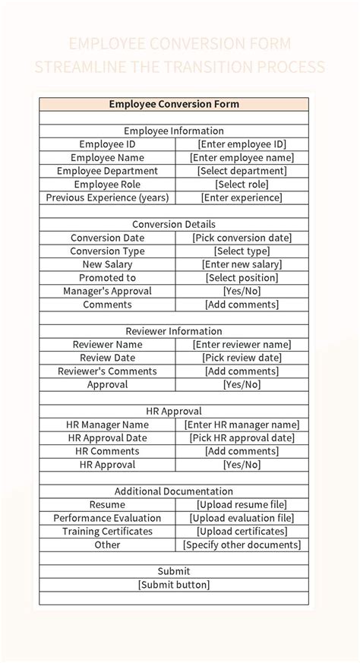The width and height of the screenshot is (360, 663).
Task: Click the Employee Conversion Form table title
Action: coord(174,104)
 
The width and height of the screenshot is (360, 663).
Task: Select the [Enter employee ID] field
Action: coord(242,144)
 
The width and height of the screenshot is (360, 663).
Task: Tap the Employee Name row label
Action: coord(107,157)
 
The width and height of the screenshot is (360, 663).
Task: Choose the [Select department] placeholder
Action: coord(242,171)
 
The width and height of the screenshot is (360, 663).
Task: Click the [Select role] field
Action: coord(242,185)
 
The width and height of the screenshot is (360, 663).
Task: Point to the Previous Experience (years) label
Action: coord(107,197)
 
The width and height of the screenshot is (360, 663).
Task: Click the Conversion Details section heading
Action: coord(174,224)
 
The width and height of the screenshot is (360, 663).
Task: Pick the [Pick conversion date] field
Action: coord(242,238)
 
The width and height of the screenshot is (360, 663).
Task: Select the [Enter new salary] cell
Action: coord(242,264)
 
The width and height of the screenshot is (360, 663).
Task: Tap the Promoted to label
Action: coord(107,278)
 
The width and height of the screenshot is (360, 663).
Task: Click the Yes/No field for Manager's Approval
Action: coord(242,291)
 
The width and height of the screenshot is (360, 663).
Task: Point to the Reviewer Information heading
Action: coord(174,331)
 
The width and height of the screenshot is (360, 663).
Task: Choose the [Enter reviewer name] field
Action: coord(242,345)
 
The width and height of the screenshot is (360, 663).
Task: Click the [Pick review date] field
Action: coord(242,358)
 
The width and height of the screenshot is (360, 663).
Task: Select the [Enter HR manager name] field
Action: coord(242,425)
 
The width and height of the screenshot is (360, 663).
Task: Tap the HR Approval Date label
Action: coord(107,438)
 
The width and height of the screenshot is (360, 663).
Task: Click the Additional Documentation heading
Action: coord(174,491)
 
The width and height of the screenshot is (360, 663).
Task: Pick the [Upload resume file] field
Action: coord(242,505)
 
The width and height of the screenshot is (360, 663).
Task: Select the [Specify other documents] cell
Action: coord(242,545)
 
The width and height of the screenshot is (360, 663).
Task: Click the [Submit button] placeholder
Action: coord(174,585)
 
